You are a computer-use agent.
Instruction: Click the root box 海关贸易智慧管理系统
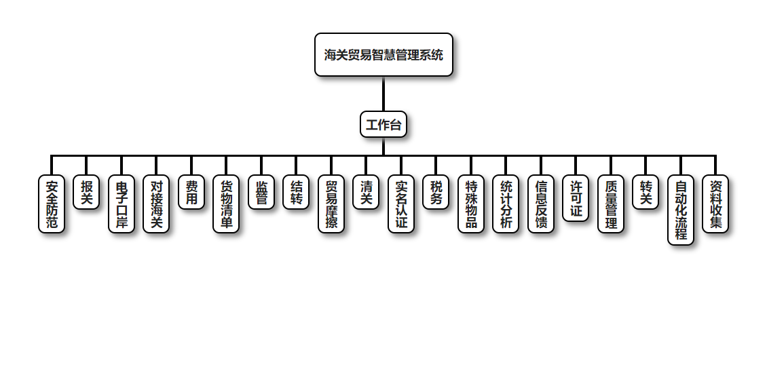pyautogui.click(x=383, y=55)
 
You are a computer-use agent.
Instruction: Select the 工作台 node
pyautogui.click(x=383, y=125)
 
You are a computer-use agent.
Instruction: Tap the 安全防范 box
pyautogui.click(x=52, y=204)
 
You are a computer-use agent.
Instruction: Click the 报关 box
pyautogui.click(x=86, y=193)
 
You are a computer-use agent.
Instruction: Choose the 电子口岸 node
pyautogui.click(x=121, y=204)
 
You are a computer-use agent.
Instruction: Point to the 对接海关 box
pyautogui.click(x=156, y=204)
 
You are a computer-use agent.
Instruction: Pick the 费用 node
pyautogui.click(x=191, y=193)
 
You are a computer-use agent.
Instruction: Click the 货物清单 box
pyautogui.click(x=226, y=204)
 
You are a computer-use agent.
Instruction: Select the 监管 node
pyautogui.click(x=261, y=193)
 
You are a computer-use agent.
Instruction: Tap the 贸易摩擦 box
pyautogui.click(x=331, y=204)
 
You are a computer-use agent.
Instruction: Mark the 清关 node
pyautogui.click(x=367, y=193)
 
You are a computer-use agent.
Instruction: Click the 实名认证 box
pyautogui.click(x=401, y=204)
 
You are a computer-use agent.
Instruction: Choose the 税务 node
pyautogui.click(x=436, y=193)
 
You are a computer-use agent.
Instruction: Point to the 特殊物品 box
pyautogui.click(x=471, y=204)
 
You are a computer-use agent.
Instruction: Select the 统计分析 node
pyautogui.click(x=506, y=204)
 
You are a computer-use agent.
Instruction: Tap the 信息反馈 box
pyautogui.click(x=541, y=204)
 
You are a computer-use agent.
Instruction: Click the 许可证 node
pyautogui.click(x=576, y=198)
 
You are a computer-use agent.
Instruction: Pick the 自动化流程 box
pyautogui.click(x=681, y=210)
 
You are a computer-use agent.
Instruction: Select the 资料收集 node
pyautogui.click(x=715, y=204)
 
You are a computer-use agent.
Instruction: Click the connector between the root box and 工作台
pyautogui.click(x=383, y=94)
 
